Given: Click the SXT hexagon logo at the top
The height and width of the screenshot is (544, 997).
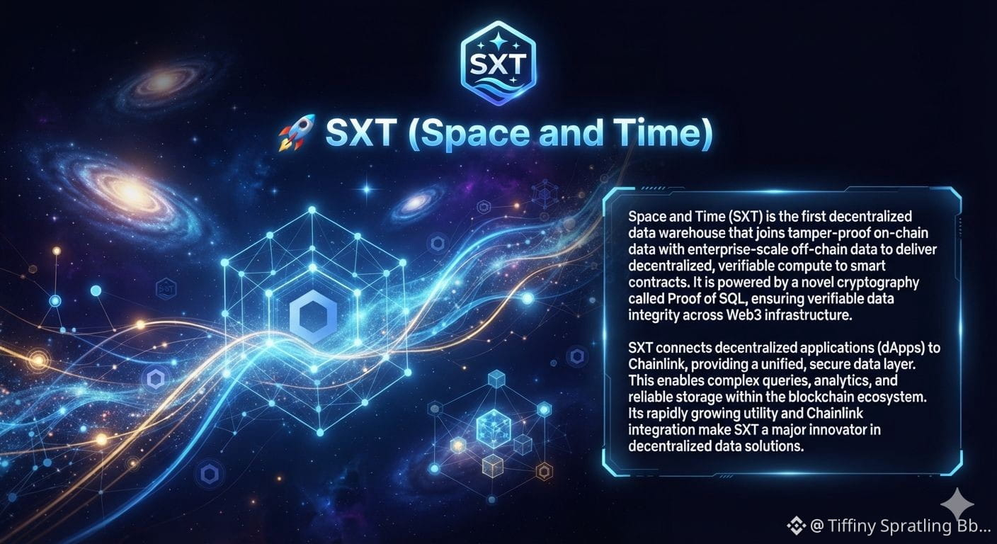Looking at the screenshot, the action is [498, 63].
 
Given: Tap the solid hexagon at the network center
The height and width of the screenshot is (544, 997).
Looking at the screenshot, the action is [314, 316].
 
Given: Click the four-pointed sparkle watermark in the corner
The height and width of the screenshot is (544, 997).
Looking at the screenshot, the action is [957, 505].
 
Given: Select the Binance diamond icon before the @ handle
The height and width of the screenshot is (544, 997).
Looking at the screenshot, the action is [797, 526].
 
